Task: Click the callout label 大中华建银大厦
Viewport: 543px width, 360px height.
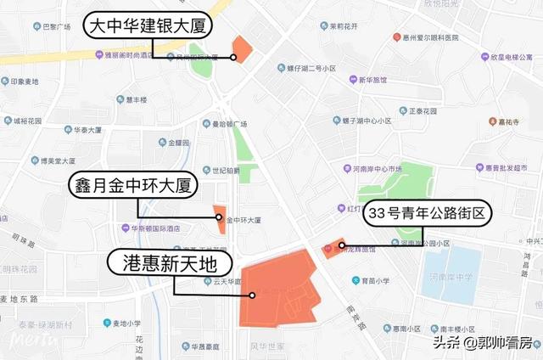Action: coord(148,26)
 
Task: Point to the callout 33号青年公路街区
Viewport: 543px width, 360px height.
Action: coord(428,214)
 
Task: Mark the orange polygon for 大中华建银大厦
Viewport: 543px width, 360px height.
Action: coord(242,49)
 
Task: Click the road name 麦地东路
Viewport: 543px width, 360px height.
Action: coord(19,299)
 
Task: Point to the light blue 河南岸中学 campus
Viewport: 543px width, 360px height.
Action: coord(450,275)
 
